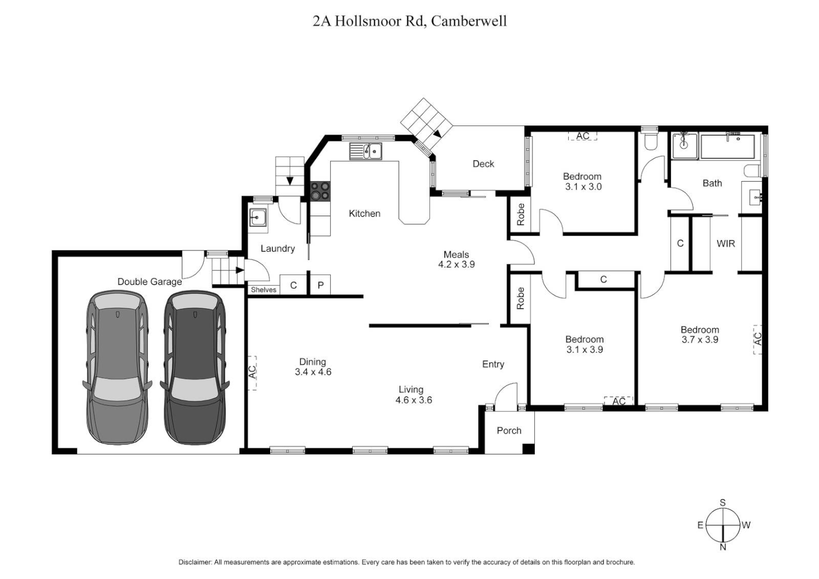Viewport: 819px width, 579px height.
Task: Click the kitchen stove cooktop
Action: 321,191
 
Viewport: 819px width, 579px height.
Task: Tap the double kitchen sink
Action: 366,151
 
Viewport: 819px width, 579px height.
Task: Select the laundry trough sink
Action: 258,218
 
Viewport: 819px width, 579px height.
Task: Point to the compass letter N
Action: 723,547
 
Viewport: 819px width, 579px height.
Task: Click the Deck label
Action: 483,164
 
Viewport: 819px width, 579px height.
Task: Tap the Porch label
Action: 509,430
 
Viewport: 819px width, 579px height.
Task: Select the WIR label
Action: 726,243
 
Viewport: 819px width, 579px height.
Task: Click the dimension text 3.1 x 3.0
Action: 583,187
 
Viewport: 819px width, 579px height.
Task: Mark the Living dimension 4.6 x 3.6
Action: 413,400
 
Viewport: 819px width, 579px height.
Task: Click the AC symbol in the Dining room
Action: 252,372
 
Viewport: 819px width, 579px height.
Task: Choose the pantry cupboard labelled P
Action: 321,285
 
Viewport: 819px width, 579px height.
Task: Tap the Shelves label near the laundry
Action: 263,289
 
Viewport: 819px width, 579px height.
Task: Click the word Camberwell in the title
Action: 469,21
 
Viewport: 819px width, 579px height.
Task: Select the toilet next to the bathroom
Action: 651,142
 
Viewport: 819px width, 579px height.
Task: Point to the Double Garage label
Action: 150,281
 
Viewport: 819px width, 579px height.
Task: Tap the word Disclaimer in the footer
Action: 195,562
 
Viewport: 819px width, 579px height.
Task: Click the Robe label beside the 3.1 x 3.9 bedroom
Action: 520,299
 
